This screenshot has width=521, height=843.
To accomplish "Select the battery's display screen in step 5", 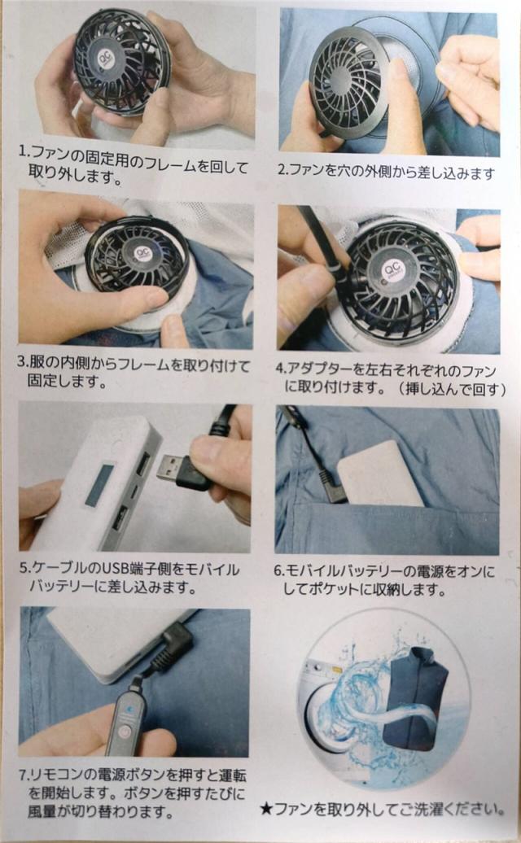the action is point(99,484).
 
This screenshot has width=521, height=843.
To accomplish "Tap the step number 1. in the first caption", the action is point(23,151).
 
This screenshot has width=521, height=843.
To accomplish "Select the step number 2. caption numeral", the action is point(282,171).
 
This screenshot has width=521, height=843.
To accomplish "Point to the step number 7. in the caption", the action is point(24,775).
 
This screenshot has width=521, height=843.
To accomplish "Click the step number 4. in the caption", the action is point(280,369).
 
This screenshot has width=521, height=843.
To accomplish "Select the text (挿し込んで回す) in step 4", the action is point(453,388).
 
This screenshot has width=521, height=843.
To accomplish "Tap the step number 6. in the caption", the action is point(278,570).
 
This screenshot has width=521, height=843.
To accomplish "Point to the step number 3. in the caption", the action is point(22,362).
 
